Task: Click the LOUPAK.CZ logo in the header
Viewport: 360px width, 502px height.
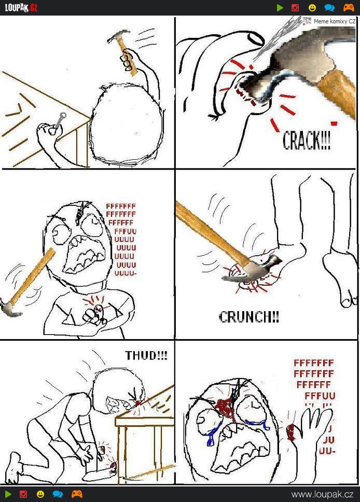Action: (21, 7)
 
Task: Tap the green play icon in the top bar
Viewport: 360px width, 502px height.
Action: (280, 8)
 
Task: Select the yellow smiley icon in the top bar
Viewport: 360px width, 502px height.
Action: (312, 8)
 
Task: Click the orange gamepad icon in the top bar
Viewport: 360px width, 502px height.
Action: (349, 8)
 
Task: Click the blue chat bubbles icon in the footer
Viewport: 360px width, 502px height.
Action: (58, 494)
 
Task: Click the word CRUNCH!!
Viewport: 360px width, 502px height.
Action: (249, 317)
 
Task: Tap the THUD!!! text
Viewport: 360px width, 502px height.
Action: (146, 355)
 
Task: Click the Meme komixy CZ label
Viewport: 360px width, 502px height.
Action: (335, 21)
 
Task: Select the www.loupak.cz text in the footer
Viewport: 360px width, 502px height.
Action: (323, 494)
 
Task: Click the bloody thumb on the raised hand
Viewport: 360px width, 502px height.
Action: (291, 433)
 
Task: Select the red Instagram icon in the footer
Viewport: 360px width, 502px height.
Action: (23, 494)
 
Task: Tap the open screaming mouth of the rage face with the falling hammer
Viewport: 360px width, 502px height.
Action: (84, 255)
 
